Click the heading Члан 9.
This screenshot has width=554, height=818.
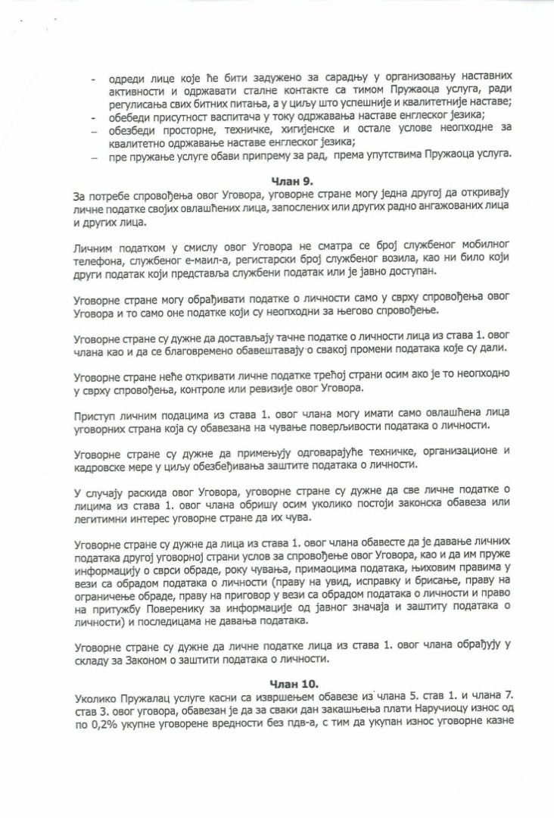pyautogui.click(x=292, y=180)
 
